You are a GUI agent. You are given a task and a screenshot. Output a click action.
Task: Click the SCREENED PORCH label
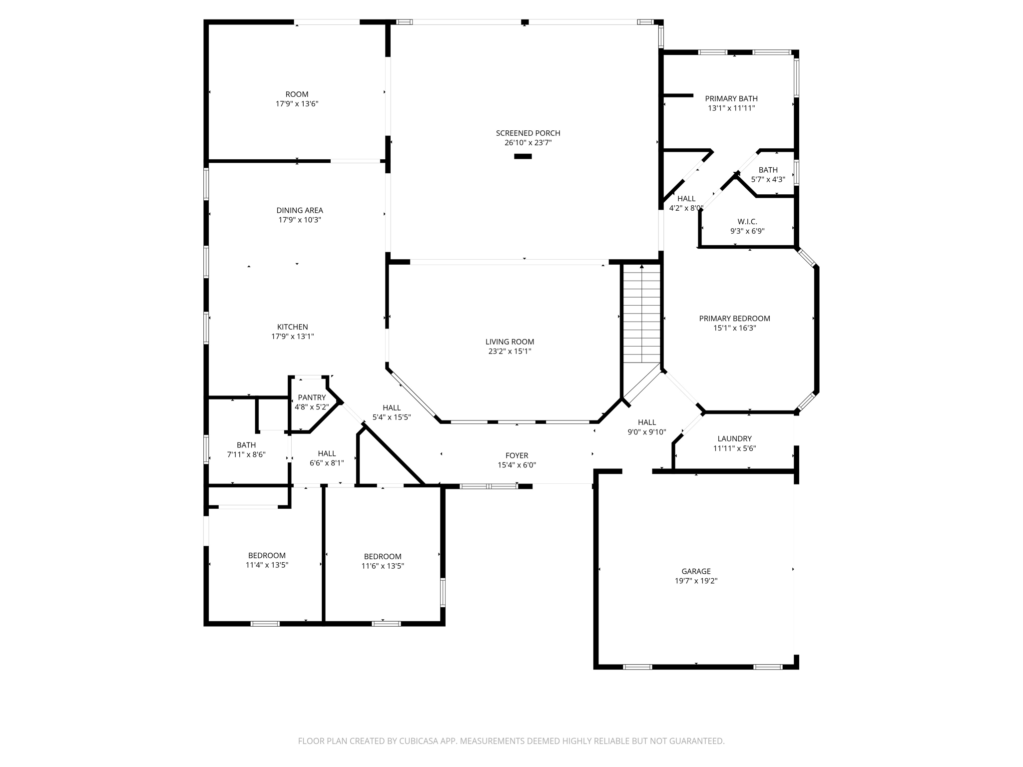[527, 133]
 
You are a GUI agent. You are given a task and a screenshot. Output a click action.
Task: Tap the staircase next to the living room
[642, 315]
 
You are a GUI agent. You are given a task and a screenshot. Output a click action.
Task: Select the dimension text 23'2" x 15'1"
[510, 351]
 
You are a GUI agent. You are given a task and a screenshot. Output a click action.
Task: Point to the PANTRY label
[312, 397]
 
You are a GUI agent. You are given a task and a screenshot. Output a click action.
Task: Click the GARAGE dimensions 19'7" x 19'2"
[696, 581]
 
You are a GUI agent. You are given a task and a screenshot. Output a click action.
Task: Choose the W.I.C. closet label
[747, 222]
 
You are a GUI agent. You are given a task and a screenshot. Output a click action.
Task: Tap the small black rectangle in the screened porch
[523, 156]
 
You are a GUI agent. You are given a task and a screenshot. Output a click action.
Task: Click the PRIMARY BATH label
[731, 99]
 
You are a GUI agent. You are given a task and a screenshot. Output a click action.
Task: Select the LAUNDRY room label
[734, 439]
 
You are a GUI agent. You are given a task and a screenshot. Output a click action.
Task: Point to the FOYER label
[516, 455]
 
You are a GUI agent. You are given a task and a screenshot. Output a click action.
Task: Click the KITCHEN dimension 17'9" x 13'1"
[293, 337]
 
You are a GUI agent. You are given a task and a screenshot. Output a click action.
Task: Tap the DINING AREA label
[300, 210]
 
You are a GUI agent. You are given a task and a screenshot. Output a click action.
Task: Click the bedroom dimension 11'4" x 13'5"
[267, 565]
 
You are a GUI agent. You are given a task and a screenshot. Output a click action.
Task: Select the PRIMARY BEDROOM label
[734, 319]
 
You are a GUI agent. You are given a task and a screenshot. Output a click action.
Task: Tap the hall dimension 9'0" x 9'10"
[646, 432]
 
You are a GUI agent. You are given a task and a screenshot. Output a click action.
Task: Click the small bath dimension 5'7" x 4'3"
[768, 179]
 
